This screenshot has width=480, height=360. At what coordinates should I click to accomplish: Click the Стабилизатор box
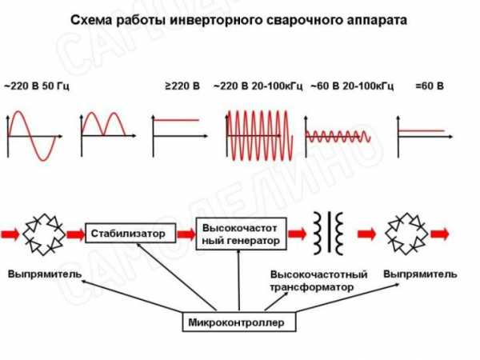(x=130, y=233)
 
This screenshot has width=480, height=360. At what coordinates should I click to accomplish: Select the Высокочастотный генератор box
(x=242, y=234)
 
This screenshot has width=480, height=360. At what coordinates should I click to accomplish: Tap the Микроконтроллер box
(x=239, y=322)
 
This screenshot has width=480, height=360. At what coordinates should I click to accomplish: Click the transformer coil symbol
(x=329, y=234)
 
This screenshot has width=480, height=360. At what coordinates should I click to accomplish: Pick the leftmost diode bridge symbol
(x=44, y=234)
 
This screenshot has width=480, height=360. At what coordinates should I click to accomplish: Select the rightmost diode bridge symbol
(x=406, y=234)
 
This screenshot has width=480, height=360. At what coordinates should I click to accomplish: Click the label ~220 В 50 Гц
(x=37, y=86)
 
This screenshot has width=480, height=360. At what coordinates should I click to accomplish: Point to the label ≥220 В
(x=182, y=86)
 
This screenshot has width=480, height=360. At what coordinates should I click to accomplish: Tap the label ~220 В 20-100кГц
(x=258, y=86)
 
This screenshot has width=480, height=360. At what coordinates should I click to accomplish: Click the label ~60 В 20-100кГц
(x=352, y=86)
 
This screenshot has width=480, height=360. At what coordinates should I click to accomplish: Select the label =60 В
(x=430, y=86)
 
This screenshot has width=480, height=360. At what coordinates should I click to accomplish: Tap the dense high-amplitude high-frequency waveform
(x=259, y=135)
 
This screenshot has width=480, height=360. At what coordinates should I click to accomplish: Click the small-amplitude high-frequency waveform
(x=338, y=137)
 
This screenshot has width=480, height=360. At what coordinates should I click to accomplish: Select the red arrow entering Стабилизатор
(x=75, y=234)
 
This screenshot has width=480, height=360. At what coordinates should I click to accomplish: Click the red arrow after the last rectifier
(x=440, y=234)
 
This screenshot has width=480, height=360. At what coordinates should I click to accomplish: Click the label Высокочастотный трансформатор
(x=318, y=281)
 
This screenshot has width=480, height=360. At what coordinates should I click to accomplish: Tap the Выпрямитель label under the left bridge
(x=45, y=274)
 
